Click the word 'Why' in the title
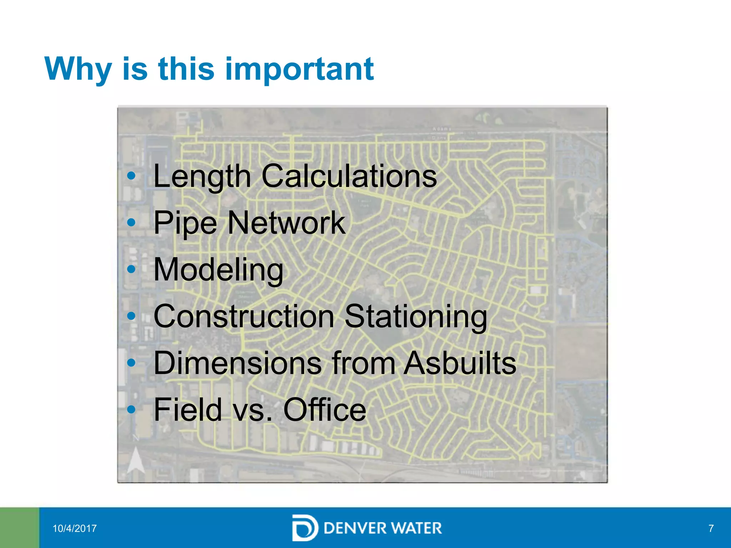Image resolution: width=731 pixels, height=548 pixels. pyautogui.click(x=78, y=69)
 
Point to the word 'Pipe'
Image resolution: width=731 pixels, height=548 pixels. pyautogui.click(x=185, y=223)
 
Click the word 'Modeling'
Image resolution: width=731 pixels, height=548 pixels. pyautogui.click(x=218, y=270)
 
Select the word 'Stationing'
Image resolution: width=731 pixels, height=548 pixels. pyautogui.click(x=415, y=317)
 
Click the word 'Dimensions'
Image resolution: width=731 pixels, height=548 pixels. pyautogui.click(x=237, y=363)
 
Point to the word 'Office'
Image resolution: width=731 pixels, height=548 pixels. pyautogui.click(x=324, y=410)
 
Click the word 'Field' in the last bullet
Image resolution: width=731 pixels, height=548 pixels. pyautogui.click(x=188, y=410)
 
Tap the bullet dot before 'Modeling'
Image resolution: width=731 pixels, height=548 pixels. pyautogui.click(x=131, y=269)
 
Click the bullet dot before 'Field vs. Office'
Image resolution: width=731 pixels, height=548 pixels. pyautogui.click(x=131, y=409)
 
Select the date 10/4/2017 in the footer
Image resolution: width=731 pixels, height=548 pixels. pyautogui.click(x=75, y=528)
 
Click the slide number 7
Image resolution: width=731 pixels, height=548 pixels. pyautogui.click(x=711, y=528)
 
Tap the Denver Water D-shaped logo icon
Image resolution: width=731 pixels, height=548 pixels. pyautogui.click(x=304, y=528)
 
